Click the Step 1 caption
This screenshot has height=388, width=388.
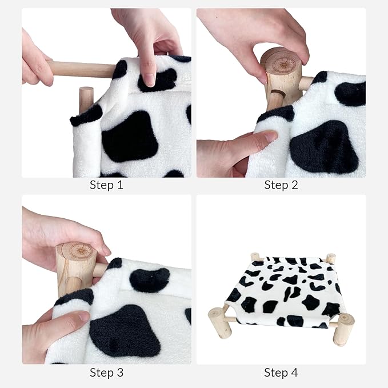click(x=106, y=185)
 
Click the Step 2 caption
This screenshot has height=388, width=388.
click(x=281, y=185)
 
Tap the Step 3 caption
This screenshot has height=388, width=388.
click(x=106, y=373)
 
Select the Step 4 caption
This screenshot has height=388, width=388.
click(x=281, y=373)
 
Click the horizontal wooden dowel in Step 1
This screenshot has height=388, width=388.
click(x=82, y=69)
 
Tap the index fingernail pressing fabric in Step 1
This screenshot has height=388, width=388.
click(x=150, y=80)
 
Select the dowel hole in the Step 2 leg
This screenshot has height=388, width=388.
click(x=277, y=94)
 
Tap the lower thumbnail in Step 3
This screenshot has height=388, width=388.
click(x=83, y=317)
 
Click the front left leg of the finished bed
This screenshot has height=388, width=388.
click(x=219, y=323)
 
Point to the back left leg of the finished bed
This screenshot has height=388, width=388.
click(x=255, y=257)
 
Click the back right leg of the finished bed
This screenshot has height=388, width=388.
click(x=331, y=258)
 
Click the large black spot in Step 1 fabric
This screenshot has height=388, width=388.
click(x=130, y=137)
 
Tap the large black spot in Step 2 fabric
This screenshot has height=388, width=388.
click(x=324, y=146)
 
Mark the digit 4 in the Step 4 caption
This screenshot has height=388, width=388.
click(x=294, y=373)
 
